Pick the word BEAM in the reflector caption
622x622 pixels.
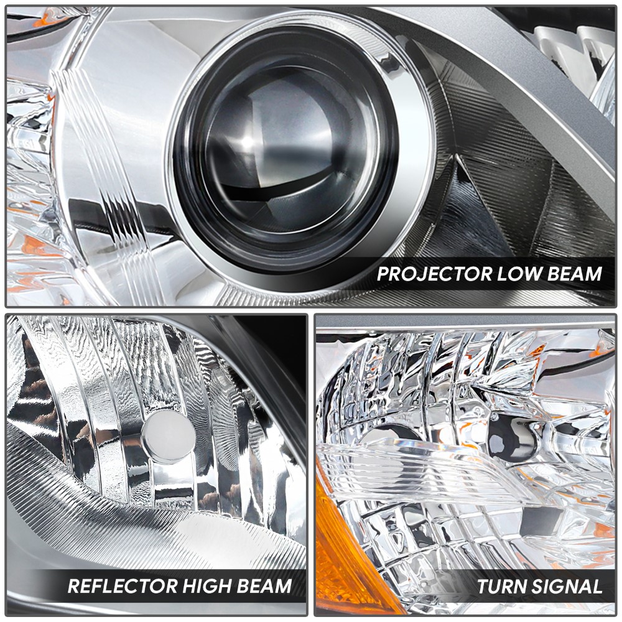tap(265, 586)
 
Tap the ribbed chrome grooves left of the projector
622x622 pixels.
tap(119, 190)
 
